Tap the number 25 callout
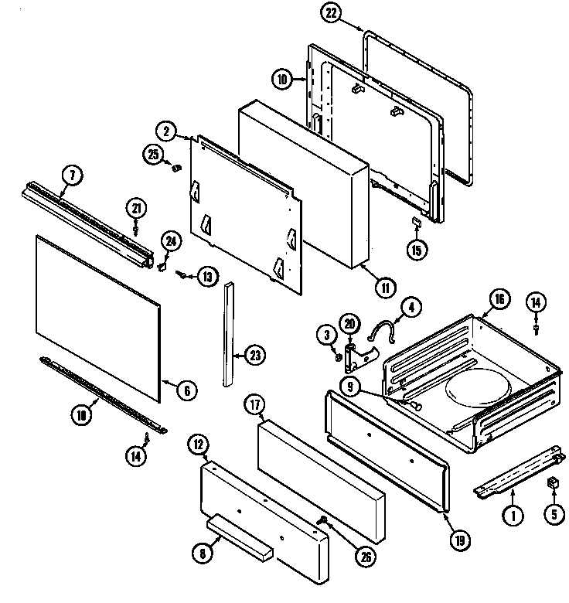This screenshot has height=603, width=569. pos(153,155)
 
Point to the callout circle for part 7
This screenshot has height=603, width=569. pos(70,175)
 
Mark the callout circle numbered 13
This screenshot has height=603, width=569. pos(206,275)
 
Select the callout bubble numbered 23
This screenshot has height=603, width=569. pos(254,356)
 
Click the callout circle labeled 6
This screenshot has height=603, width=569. pos(186,391)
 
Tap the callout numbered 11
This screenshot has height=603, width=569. pos(383,288)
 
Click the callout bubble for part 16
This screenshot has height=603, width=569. pos(499,298)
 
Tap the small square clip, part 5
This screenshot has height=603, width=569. pos(552,485)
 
